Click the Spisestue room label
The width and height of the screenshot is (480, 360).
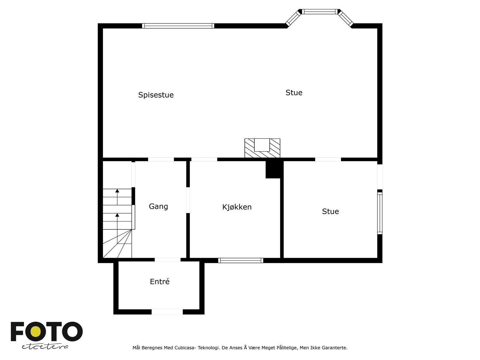point(156,95)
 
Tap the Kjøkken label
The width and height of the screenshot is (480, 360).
point(237,207)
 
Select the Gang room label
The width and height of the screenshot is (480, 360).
point(158,206)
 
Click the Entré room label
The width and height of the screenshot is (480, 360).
point(160,282)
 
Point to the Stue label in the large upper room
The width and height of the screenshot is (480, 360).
point(294,93)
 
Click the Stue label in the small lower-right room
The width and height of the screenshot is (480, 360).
point(330,211)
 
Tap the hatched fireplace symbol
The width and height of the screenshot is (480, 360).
point(262,148)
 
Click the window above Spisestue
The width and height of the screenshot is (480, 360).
point(178,26)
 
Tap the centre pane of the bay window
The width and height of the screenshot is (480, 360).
point(319,12)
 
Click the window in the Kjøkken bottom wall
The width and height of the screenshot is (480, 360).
point(241,260)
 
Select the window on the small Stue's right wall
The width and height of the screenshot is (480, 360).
point(379,213)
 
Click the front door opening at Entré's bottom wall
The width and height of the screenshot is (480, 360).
point(167,312)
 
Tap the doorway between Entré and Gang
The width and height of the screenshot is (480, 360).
point(167,260)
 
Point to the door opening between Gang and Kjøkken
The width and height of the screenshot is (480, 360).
point(188,200)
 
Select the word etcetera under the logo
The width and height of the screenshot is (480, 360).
point(45,346)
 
